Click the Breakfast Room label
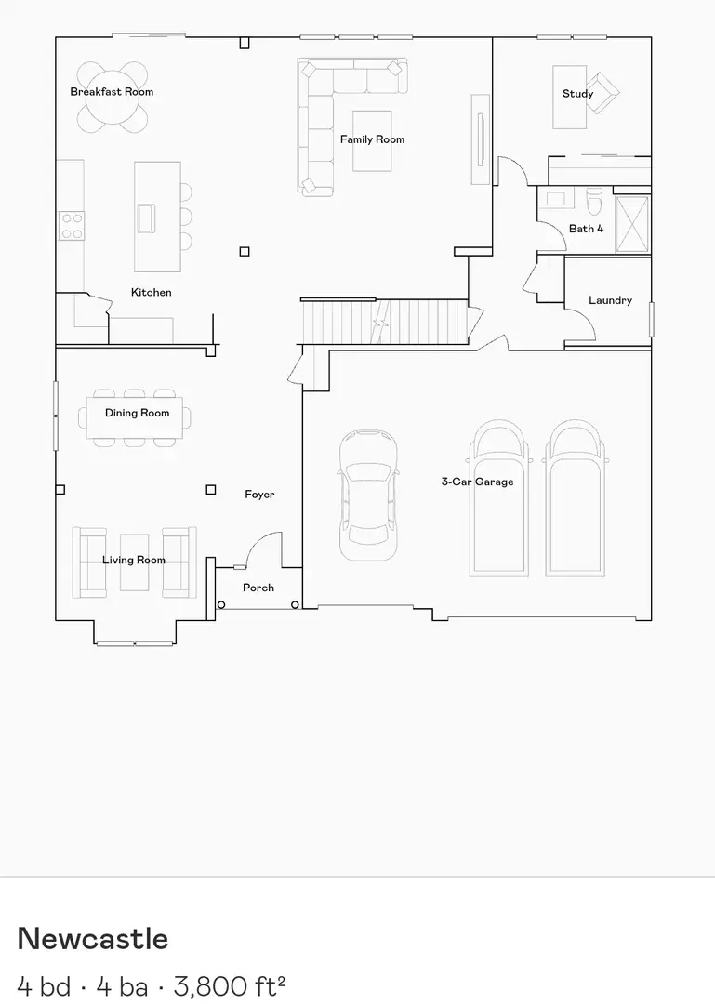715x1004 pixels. (x=112, y=92)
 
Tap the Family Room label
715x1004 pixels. (x=372, y=139)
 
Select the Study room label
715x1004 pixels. (x=577, y=94)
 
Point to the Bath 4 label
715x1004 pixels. (x=586, y=229)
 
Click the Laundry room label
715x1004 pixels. (x=610, y=300)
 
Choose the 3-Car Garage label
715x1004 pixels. (x=477, y=482)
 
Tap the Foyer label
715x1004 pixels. (x=259, y=495)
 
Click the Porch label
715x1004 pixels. (x=258, y=588)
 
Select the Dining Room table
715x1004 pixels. (x=136, y=417)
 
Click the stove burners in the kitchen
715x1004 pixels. (x=72, y=225)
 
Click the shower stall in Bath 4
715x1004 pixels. (x=633, y=224)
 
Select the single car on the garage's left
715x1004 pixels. (x=369, y=495)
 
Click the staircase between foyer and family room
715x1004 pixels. (x=383, y=322)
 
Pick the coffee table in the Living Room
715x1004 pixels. (x=134, y=562)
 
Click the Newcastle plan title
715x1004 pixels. (x=93, y=939)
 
